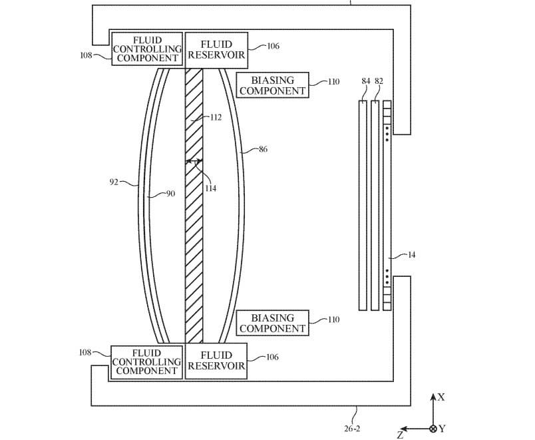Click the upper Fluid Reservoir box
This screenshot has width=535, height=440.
216,49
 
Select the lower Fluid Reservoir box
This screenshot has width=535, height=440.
216,361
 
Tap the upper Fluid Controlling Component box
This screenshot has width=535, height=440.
147,49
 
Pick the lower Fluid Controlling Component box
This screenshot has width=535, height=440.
146,362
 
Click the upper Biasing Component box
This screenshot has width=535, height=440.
271,85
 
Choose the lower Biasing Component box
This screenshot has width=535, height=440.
271,324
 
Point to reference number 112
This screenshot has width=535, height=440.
216,118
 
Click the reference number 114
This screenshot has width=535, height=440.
211,188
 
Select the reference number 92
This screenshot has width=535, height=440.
114,181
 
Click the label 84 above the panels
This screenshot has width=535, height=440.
365,81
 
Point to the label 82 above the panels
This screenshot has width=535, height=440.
379,81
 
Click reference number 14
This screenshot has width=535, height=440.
411,255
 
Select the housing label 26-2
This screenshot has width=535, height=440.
353,429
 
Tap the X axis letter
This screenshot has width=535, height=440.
441,397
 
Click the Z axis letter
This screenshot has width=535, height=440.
400,435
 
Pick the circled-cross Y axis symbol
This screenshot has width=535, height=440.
434,428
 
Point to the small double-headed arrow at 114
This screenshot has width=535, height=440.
194,161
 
